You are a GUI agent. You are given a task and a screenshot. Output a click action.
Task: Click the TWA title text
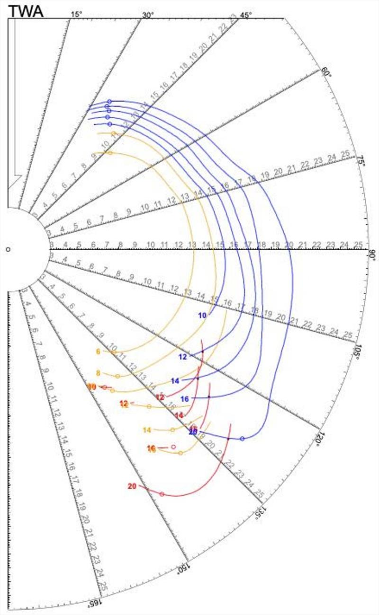tap(26, 11)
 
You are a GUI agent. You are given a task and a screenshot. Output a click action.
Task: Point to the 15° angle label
tap(76, 14)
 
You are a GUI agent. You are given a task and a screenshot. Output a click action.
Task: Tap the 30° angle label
tap(148, 15)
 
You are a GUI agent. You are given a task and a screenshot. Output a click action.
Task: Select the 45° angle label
tap(245, 15)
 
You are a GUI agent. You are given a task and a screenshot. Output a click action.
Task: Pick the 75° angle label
tap(361, 161)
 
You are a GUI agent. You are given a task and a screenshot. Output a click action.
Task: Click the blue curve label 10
tap(202, 316)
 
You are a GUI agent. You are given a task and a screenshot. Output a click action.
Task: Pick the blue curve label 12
tap(183, 357)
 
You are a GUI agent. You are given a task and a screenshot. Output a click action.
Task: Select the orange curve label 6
tap(98, 351)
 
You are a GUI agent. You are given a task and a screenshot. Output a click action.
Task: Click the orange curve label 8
tap(98, 373)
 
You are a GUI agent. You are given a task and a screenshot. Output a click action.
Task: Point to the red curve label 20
tap(132, 486)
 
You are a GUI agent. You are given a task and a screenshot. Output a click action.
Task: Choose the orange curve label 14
tap(147, 430)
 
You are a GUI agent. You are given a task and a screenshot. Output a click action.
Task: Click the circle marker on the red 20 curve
tap(162, 494)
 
